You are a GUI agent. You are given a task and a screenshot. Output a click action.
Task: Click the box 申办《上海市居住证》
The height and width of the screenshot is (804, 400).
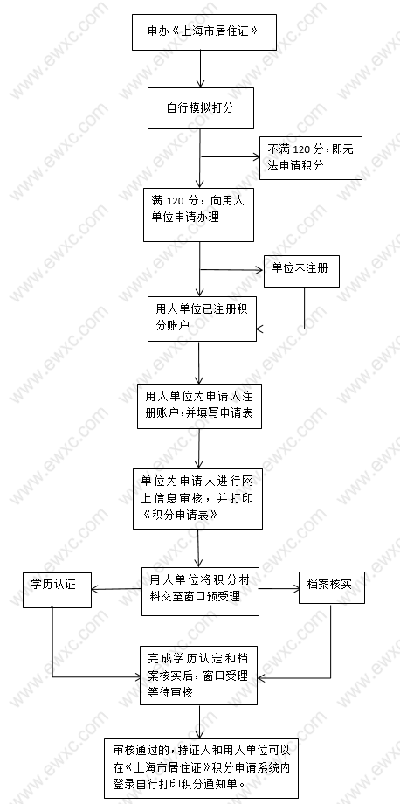[x=204, y=31]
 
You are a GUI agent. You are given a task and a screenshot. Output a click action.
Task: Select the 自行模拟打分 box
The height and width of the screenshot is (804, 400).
[x=201, y=108]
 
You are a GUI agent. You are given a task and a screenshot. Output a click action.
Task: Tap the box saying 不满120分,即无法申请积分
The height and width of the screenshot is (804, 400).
[x=311, y=158]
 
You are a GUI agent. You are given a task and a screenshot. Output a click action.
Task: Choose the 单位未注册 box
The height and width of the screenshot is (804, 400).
[x=301, y=270]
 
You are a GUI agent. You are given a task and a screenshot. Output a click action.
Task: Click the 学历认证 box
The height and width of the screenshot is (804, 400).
[x=58, y=590]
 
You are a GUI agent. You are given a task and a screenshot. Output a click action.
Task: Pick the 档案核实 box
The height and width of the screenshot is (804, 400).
[x=332, y=587]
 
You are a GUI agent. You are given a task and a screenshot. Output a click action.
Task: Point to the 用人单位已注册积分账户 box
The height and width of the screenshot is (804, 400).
[x=202, y=318]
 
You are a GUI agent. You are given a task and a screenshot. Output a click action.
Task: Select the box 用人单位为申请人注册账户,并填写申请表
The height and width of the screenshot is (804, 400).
[x=199, y=406]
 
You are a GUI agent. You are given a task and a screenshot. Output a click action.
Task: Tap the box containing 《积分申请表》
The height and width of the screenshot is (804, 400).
[x=197, y=498]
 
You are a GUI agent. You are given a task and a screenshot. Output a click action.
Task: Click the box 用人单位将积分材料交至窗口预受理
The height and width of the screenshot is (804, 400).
[x=200, y=591]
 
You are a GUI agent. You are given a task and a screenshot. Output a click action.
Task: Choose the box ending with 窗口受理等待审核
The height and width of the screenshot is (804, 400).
[x=199, y=675]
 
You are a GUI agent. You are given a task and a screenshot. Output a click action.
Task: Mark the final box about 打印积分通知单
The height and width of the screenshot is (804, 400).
[x=201, y=769]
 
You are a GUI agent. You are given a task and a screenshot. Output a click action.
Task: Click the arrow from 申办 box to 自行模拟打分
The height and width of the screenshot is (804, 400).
[x=200, y=69]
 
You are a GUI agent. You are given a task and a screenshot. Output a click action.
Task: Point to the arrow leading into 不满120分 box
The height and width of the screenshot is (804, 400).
[x=231, y=157]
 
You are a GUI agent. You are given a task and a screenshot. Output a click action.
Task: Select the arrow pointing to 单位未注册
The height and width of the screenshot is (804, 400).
[x=232, y=270]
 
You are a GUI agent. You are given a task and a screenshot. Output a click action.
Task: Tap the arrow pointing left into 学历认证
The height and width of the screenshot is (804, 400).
[x=117, y=589]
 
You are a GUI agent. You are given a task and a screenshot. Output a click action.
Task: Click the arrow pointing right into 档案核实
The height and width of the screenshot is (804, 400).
[x=279, y=588]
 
